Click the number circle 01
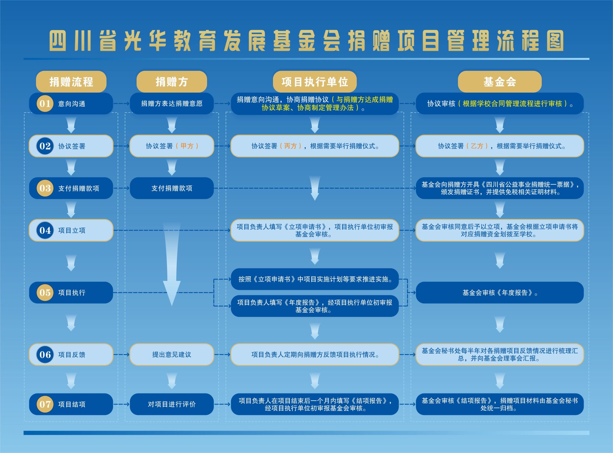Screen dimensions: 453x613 coord(45,104)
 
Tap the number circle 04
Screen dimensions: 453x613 coord(45,230)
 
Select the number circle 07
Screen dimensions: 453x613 coord(45,404)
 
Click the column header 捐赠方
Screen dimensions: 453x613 coord(172,82)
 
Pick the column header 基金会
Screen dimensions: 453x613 coord(500,82)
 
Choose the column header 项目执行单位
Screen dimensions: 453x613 coord(315,82)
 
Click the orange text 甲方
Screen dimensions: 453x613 coord(187,146)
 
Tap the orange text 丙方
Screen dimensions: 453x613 coord(290,146)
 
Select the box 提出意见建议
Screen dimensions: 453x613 coord(172,355)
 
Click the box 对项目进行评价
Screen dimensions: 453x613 coord(172,404)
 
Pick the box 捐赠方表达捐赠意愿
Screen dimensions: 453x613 coord(172,104)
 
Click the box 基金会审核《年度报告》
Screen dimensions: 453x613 coord(500,293)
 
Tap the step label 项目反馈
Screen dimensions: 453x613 coord(72,355)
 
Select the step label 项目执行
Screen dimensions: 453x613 coord(72,293)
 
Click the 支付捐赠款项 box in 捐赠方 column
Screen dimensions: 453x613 coord(172,188)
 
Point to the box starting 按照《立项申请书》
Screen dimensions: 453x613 coord(315,279)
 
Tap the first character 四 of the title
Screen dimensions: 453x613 coord(58,41)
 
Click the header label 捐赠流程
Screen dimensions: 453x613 coord(71,82)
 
